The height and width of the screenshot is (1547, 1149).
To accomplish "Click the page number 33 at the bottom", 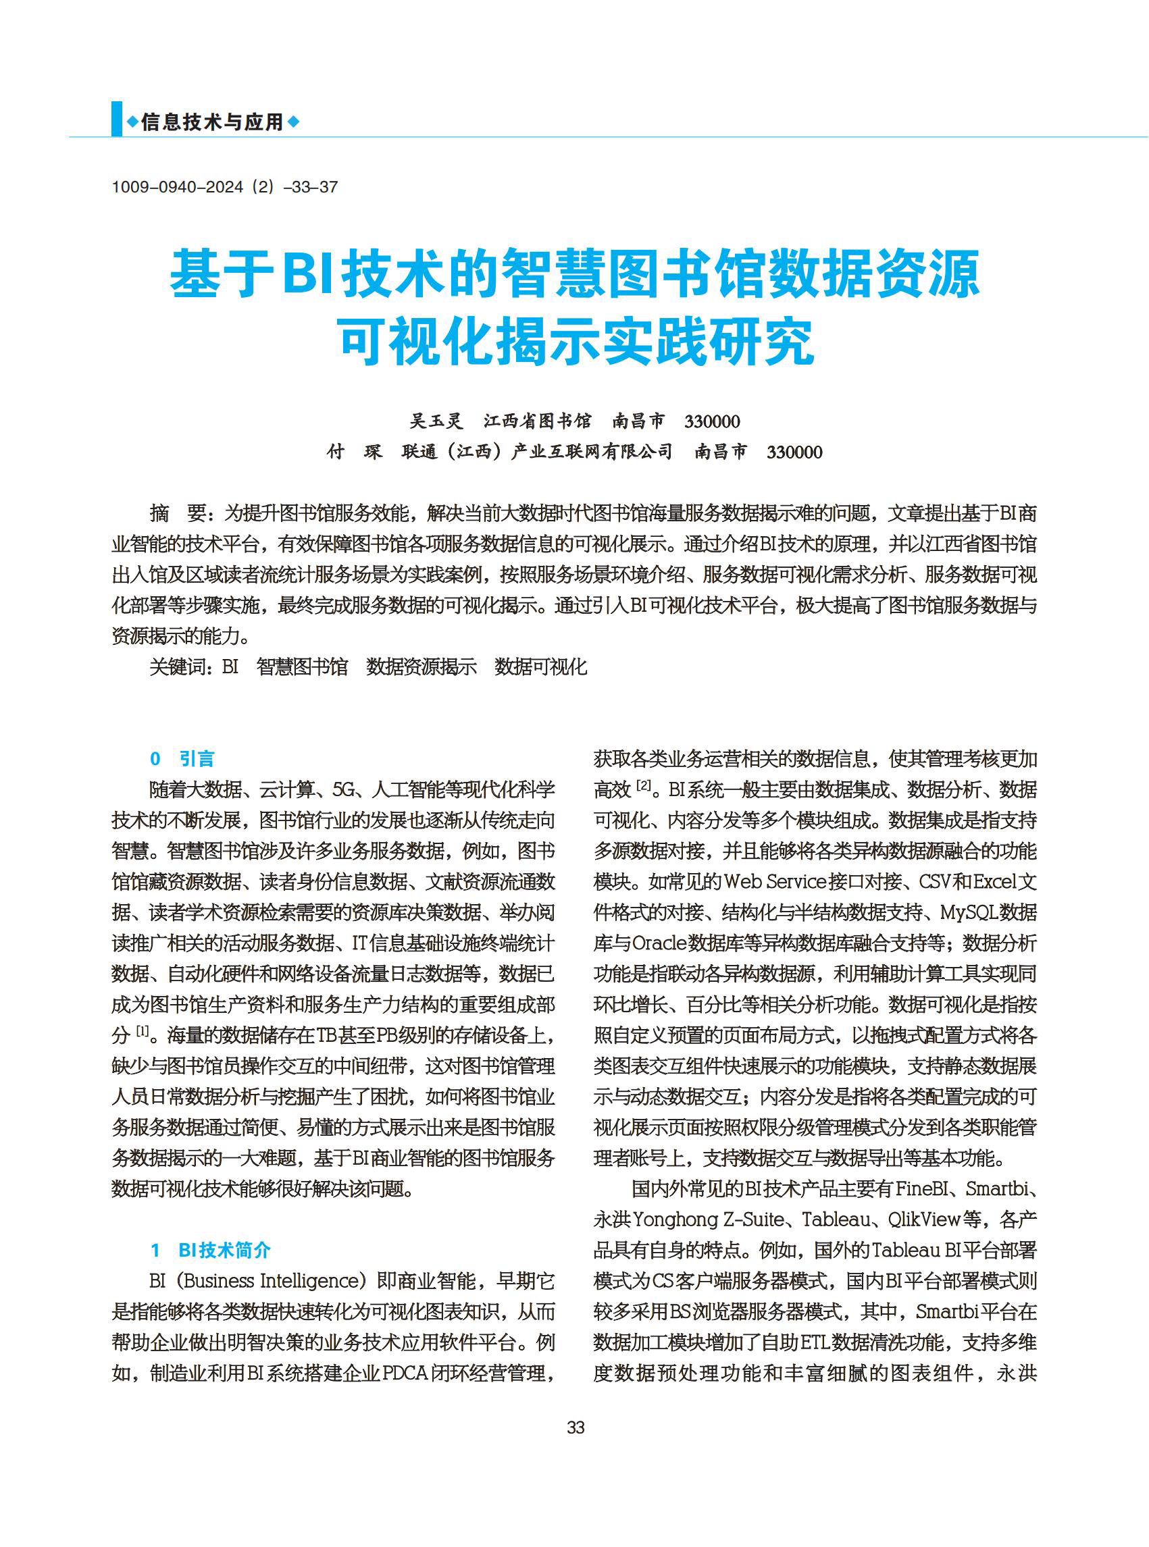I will click(576, 1427).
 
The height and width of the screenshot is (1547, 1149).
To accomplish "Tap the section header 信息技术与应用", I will click(212, 122).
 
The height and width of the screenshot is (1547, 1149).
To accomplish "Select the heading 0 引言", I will click(182, 758).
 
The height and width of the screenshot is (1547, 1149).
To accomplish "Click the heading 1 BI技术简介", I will click(210, 1250).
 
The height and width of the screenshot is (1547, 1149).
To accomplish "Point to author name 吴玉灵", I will click(436, 421).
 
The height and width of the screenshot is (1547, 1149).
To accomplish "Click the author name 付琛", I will click(355, 452).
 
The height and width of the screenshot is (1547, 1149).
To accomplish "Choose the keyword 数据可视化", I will click(540, 666).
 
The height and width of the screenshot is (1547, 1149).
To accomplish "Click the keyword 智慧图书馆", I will click(302, 666).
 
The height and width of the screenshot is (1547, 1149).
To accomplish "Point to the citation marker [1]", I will click(142, 1032).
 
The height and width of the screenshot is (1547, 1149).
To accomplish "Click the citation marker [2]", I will click(643, 787).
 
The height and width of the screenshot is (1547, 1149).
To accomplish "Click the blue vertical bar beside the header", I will click(116, 119).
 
